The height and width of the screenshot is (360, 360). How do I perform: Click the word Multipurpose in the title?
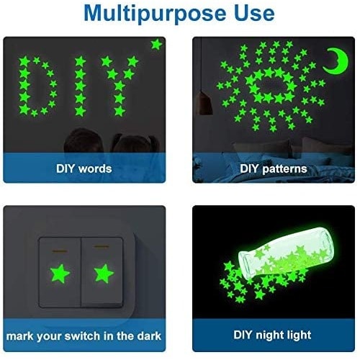click(155, 14)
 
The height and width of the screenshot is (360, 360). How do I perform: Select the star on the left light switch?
click(60, 273)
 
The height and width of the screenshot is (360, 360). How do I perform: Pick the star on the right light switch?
click(104, 274)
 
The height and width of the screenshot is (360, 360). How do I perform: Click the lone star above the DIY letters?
click(156, 45)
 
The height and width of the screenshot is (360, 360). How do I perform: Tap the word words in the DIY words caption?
click(95, 168)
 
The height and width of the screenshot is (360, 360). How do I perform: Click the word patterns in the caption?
click(284, 169)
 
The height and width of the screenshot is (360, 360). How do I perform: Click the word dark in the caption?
click(148, 336)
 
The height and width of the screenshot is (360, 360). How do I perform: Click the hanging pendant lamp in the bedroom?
click(204, 104)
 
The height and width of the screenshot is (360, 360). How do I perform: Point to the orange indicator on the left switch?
click(60, 251)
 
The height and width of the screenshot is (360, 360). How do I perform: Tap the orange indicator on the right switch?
click(102, 246)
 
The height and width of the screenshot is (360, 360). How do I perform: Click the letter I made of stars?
click(81, 86)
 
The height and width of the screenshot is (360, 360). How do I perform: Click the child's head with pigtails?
click(136, 143)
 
